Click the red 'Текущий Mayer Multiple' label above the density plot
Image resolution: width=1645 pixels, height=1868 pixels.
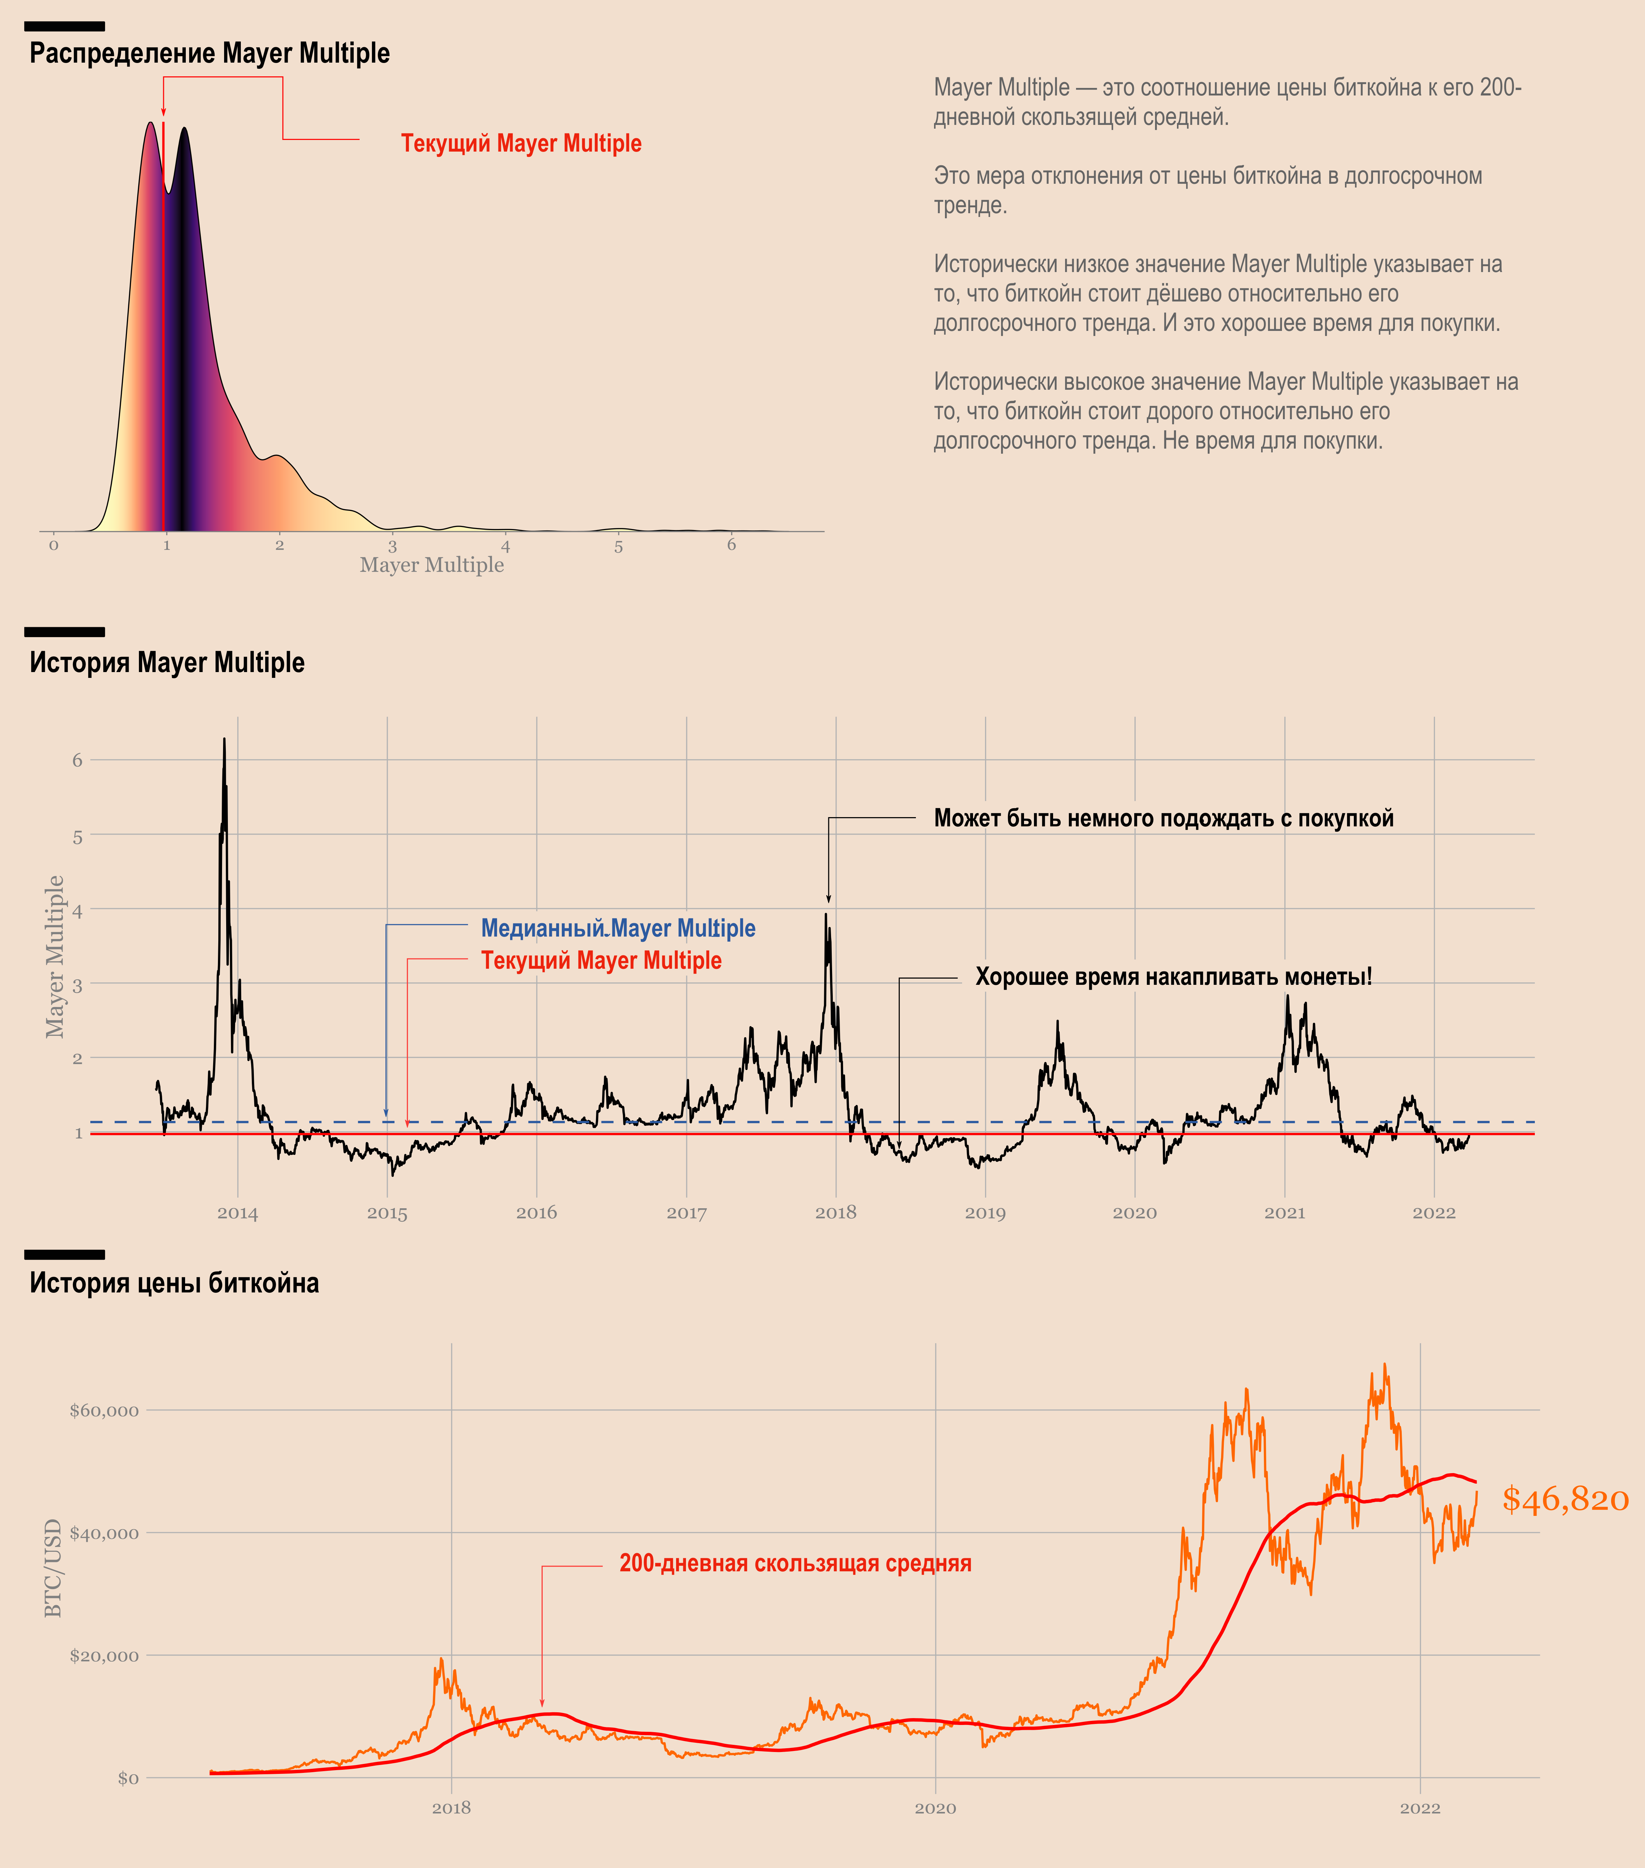[x=521, y=143]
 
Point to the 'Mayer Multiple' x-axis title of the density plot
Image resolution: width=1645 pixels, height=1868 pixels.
[x=431, y=565]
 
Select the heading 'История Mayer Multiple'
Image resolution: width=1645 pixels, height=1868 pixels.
[x=167, y=662]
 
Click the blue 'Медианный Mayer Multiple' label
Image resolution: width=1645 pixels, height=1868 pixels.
[x=618, y=928]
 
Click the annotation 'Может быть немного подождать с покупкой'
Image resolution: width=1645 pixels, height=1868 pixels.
[x=1163, y=818]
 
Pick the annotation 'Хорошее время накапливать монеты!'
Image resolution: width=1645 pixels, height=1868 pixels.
[x=1174, y=977]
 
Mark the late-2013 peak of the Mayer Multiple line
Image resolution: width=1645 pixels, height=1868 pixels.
[x=224, y=740]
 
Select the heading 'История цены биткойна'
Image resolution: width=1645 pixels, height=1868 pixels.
[x=174, y=1283]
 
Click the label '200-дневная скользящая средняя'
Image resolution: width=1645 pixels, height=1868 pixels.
[x=795, y=1564]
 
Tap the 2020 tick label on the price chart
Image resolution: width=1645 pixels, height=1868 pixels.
[x=935, y=1808]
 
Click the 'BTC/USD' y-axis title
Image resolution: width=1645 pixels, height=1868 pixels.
[x=53, y=1568]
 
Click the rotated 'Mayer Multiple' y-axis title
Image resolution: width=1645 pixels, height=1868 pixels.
[x=55, y=956]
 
